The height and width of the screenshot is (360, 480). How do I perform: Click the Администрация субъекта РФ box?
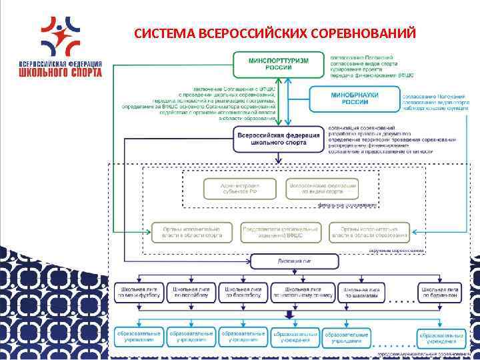[230, 187]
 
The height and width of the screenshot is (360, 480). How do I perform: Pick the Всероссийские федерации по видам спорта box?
[322, 187]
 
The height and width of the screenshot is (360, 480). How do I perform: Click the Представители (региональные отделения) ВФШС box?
[281, 232]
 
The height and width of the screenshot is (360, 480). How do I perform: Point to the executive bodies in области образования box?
[369, 232]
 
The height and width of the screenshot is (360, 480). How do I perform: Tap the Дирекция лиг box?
[280, 262]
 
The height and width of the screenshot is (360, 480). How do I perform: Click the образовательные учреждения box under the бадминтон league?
[442, 336]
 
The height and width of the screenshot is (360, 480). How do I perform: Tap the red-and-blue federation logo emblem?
[61, 35]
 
